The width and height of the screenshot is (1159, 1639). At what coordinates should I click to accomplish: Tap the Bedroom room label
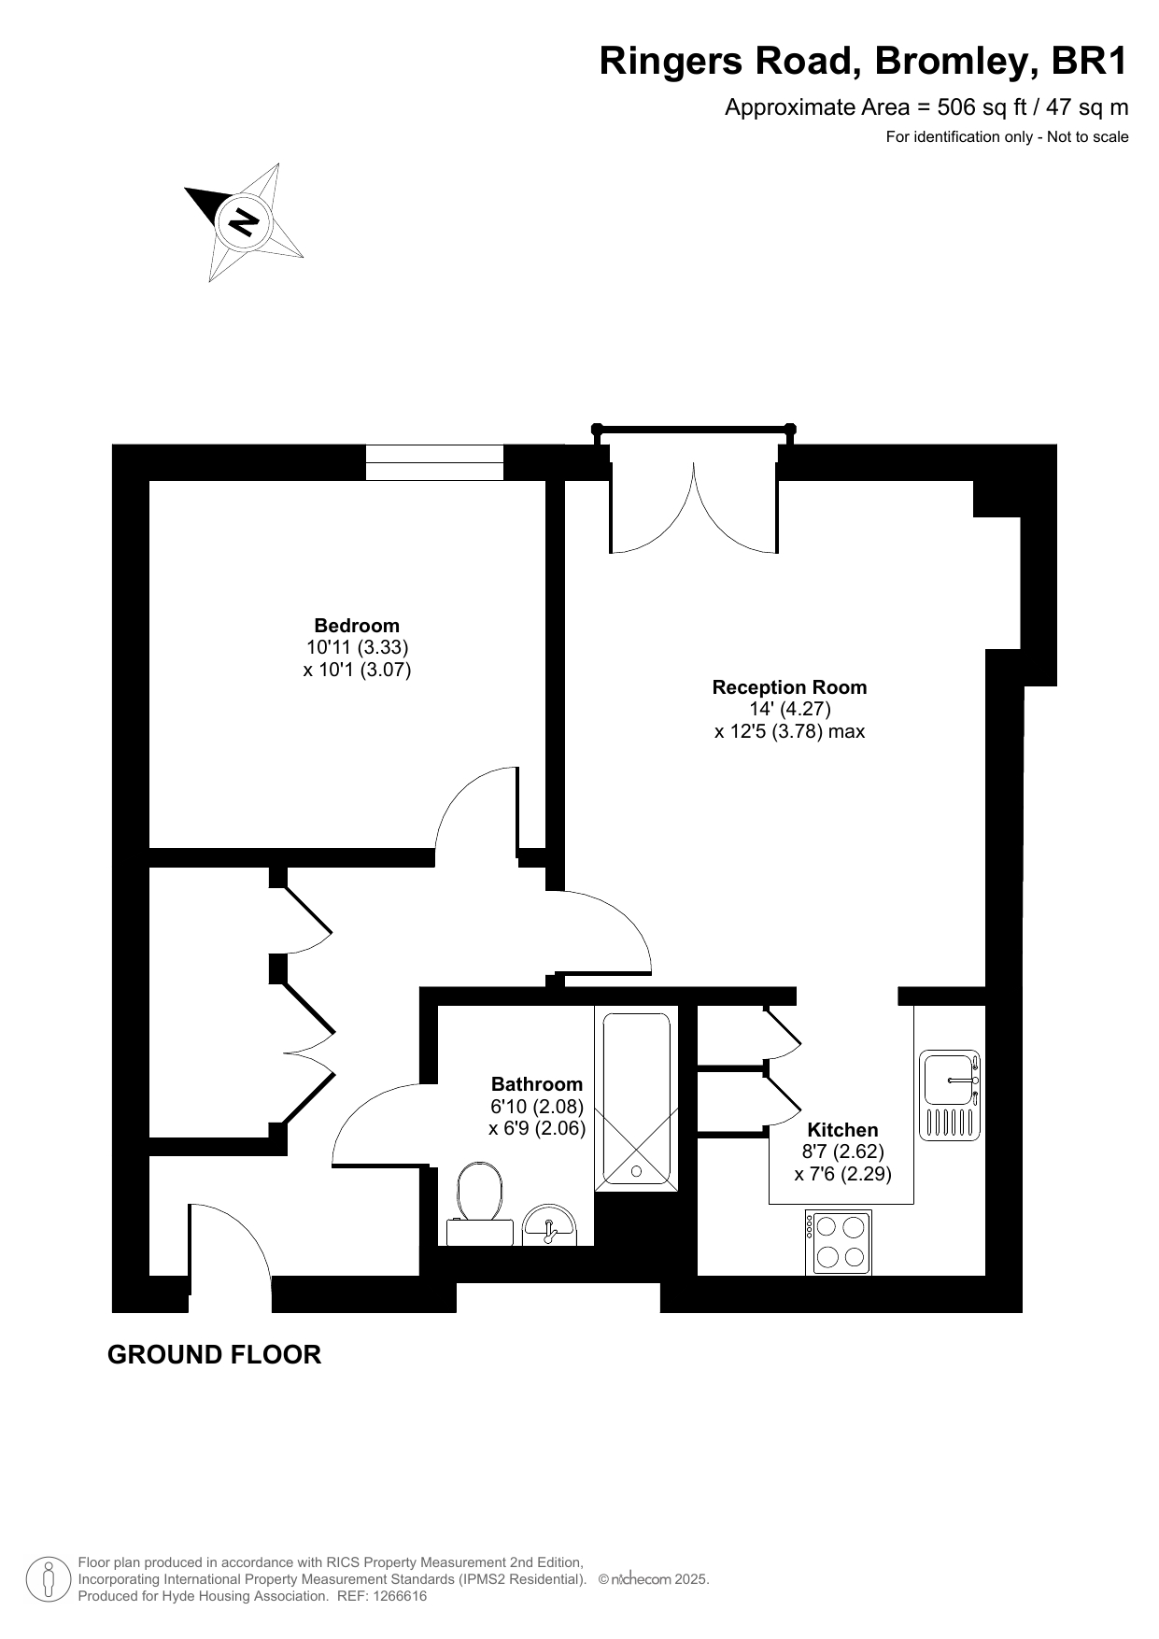(357, 626)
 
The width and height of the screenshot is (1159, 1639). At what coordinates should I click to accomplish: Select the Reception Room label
(789, 687)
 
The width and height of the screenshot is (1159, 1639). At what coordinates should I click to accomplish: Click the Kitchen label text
(842, 1130)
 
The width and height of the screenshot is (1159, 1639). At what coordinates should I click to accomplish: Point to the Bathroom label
(537, 1084)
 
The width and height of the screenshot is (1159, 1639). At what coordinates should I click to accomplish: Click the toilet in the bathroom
(480, 1205)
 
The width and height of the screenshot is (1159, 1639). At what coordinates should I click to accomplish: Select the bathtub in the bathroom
(637, 1098)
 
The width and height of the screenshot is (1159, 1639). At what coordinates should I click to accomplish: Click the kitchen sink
(950, 1095)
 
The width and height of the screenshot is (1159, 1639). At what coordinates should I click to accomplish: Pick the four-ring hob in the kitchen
(839, 1242)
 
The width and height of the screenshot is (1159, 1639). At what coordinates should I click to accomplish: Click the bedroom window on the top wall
(434, 462)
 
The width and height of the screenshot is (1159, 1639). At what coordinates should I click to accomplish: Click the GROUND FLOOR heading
(215, 1355)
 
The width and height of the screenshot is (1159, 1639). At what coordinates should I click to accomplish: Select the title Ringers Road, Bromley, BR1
(864, 62)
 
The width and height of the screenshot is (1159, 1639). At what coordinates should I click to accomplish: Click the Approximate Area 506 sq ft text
(926, 107)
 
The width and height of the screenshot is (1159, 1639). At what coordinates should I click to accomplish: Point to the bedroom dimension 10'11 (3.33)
(358, 647)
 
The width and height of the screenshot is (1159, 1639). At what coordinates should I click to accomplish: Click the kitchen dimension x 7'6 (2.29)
(843, 1174)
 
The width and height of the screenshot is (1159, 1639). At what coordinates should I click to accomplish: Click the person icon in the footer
(49, 1579)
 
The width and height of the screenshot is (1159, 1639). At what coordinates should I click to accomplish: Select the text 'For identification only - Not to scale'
(1008, 137)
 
